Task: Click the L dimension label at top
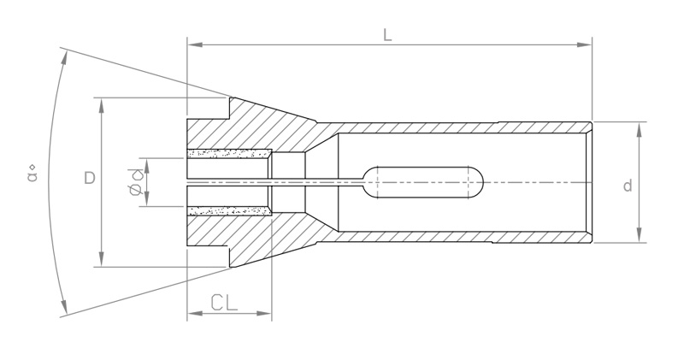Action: click(x=387, y=34)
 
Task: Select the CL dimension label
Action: click(x=224, y=303)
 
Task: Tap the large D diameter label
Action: click(x=90, y=178)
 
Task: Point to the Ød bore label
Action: click(x=136, y=181)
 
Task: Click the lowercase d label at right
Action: click(x=628, y=186)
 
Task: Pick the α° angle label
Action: click(x=32, y=174)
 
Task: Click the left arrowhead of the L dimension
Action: click(x=194, y=44)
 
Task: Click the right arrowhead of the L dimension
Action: click(x=585, y=44)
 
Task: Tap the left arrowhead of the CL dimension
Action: click(x=194, y=313)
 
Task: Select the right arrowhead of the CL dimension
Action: click(x=264, y=313)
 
